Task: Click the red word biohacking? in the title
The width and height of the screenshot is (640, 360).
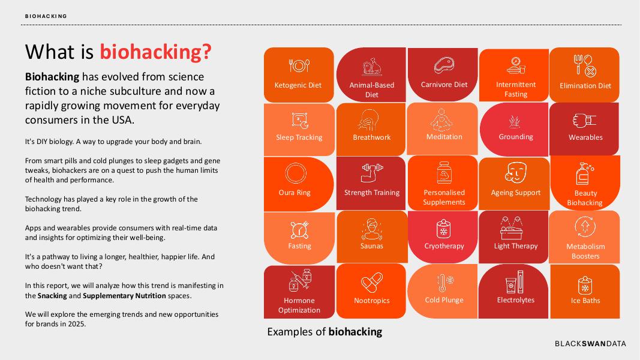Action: click(x=155, y=52)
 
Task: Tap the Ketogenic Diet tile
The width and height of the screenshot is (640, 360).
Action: click(x=298, y=74)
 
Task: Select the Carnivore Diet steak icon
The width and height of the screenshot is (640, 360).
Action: click(x=444, y=65)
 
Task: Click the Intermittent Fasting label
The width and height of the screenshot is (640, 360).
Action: click(x=516, y=89)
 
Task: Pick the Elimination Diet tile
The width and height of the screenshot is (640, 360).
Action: click(x=585, y=74)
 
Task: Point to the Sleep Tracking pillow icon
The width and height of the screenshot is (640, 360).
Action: click(x=299, y=120)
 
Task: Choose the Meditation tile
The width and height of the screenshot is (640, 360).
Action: click(x=444, y=128)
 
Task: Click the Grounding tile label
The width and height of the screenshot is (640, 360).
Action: click(x=516, y=137)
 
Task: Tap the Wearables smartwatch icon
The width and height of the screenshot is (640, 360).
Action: click(x=585, y=120)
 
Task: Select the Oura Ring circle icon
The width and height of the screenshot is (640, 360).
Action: click(x=295, y=174)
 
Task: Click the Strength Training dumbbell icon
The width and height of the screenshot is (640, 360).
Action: click(x=372, y=173)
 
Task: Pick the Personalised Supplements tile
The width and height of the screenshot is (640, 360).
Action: click(x=444, y=182)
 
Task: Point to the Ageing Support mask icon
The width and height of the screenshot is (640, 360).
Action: click(x=515, y=172)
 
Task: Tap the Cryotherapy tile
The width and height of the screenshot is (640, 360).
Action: click(x=444, y=236)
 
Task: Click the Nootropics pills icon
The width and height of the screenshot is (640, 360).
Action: click(x=372, y=282)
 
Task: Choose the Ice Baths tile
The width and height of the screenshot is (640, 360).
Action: click(x=585, y=291)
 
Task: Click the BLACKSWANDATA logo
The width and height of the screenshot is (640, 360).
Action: click(x=590, y=344)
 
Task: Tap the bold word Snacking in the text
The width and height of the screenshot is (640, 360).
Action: click(x=52, y=296)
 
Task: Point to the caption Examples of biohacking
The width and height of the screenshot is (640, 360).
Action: click(x=324, y=332)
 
